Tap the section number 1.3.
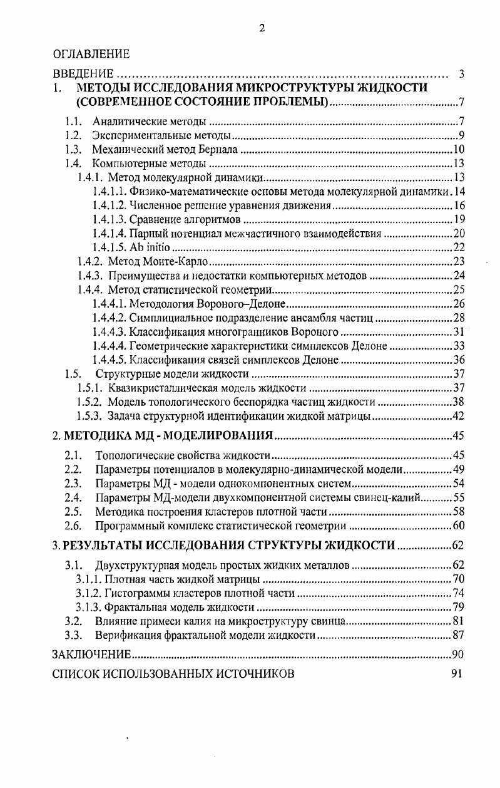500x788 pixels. click(x=74, y=150)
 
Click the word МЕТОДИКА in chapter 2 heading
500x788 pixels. click(x=93, y=436)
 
